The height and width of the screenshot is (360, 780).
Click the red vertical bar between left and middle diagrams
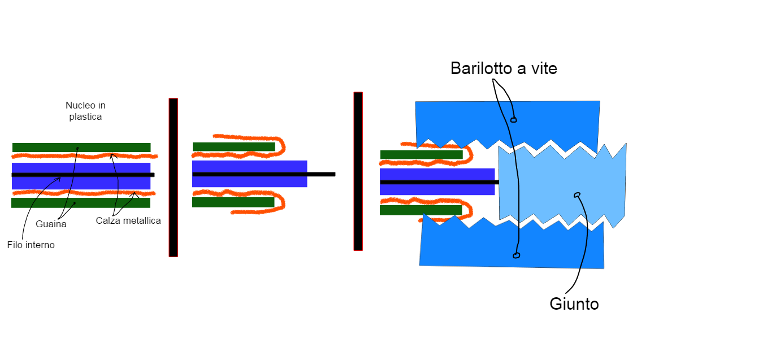(x=173, y=177)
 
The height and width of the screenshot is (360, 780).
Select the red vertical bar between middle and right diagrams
(x=358, y=171)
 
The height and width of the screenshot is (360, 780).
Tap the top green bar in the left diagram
(x=81, y=148)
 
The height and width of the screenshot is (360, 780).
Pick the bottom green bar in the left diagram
(x=81, y=203)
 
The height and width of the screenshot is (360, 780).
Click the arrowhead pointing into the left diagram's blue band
(x=59, y=179)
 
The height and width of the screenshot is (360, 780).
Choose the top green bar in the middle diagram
(x=233, y=147)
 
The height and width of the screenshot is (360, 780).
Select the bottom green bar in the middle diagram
(x=233, y=202)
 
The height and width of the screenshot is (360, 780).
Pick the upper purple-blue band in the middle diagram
(x=249, y=166)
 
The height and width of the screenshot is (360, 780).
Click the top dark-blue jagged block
(x=543, y=120)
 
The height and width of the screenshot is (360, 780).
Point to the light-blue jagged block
(x=560, y=181)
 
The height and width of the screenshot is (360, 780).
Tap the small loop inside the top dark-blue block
(x=514, y=120)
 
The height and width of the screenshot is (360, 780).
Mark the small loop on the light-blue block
(x=577, y=195)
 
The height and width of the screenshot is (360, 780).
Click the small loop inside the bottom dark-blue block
(x=516, y=255)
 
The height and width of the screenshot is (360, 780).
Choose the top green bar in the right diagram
(x=421, y=155)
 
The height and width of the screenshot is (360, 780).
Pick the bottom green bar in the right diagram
(x=421, y=210)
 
